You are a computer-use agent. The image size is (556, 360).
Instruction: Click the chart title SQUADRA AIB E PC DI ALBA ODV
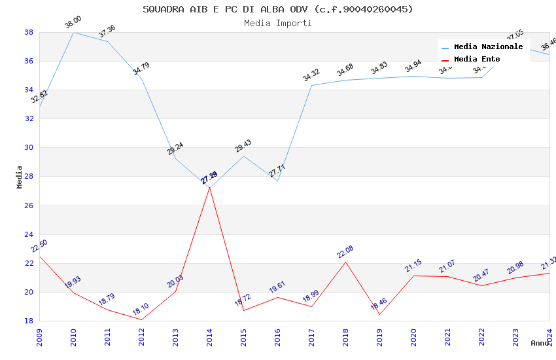coord(278,9)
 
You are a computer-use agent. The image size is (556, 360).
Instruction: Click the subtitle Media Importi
coord(278,23)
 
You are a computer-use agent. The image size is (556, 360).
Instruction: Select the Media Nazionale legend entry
coord(488,47)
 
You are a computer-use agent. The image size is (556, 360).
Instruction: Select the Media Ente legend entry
coord(477,60)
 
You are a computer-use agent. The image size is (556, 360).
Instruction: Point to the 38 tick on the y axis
coord(29,32)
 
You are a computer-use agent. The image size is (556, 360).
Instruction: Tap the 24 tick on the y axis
coord(29,234)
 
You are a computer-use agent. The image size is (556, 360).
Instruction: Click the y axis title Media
coord(20,177)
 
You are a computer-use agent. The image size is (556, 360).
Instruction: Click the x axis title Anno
coord(540,343)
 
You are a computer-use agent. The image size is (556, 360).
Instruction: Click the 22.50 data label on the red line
coord(39,246)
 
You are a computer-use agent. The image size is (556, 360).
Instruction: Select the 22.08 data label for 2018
coord(345,252)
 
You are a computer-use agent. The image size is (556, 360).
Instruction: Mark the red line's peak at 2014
coord(209,188)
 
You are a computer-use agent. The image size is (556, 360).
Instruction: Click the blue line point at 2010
coord(73,32)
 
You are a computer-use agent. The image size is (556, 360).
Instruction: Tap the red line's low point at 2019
coord(379,314)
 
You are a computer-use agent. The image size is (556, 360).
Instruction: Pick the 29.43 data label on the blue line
coord(243,146)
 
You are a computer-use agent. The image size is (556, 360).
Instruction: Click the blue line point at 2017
coord(311,85)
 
